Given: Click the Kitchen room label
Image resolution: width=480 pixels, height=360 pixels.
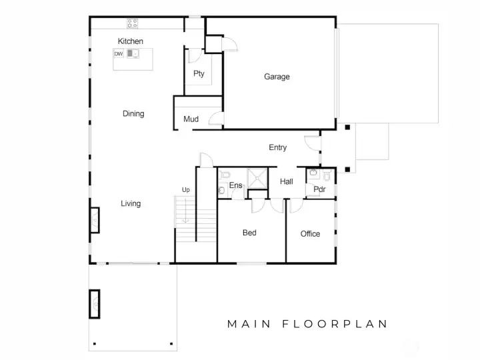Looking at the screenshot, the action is coord(131,41).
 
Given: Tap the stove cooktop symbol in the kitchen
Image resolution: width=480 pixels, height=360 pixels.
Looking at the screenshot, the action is coord(133,23).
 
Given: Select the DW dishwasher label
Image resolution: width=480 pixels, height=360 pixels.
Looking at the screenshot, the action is coord(119,54).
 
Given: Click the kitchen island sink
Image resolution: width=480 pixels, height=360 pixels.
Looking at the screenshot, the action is coord(133,53).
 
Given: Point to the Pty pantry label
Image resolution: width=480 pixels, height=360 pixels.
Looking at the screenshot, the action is coord(199,73).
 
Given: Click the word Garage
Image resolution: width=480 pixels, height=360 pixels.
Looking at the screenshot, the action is coord(277,77).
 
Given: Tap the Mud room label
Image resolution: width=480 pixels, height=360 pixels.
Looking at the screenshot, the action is coord(191,119).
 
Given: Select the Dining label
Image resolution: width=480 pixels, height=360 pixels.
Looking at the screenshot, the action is coord(133,114).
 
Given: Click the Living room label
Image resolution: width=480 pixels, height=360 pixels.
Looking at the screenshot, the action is coord(131,203).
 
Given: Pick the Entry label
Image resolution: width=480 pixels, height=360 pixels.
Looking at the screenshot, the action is coord(277,147).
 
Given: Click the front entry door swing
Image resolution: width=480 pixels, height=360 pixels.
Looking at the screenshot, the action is coord(312,143).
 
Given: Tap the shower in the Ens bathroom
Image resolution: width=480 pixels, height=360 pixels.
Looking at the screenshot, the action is coord(257,178).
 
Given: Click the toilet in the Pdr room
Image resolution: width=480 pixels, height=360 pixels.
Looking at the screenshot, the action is coord(327,175).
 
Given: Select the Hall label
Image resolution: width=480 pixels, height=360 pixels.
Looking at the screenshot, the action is coord(287,181).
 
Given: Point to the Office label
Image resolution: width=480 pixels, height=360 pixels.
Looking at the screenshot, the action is coord(310,234).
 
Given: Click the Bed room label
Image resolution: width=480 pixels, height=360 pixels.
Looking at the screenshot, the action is coord(249,233).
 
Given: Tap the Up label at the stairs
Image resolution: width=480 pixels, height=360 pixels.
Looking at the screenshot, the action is coord(186,190).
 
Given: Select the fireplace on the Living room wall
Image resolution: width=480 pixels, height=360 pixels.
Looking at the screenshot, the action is coord(95,220).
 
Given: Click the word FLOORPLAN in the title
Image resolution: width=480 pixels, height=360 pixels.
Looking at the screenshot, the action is coord(335,324).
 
